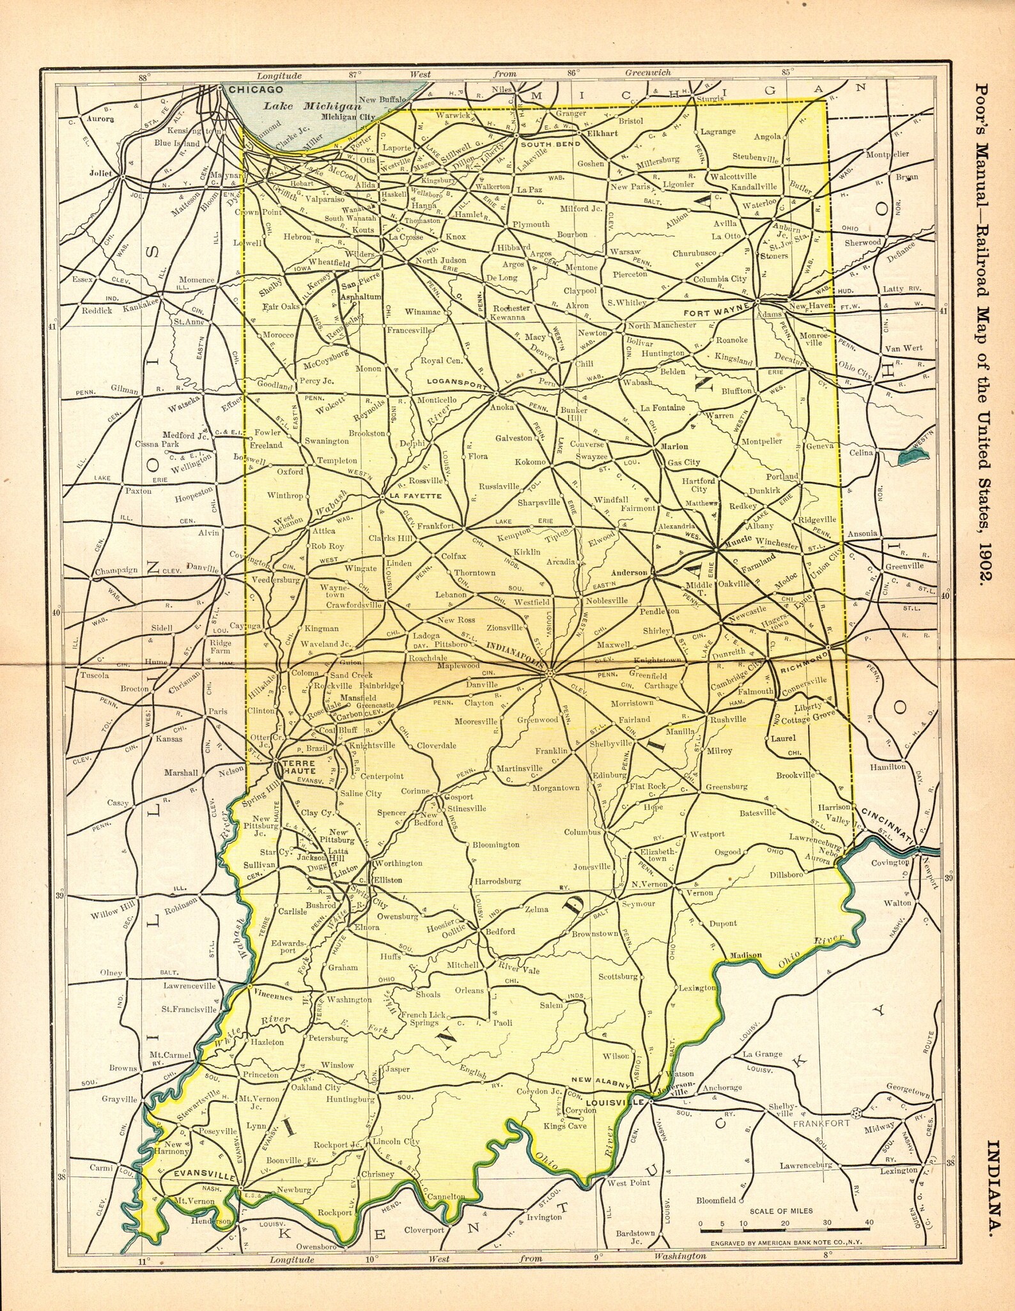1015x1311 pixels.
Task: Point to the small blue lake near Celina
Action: [913, 456]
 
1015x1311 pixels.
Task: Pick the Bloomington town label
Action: [495, 845]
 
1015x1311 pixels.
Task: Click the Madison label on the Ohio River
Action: [743, 955]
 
